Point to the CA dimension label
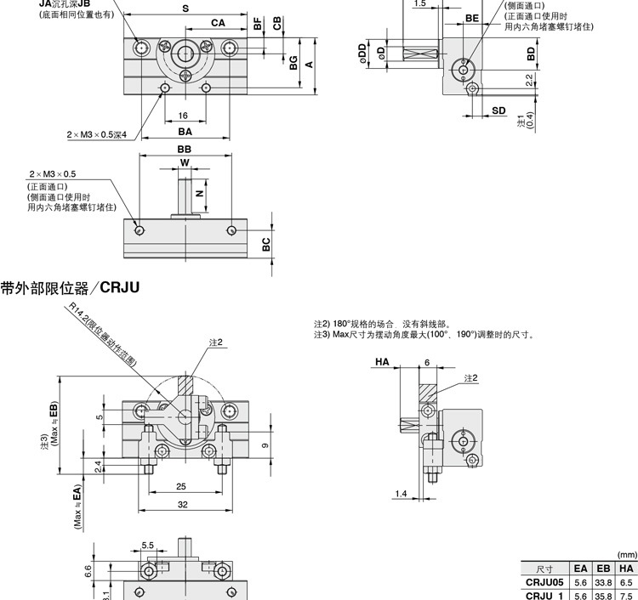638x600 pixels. (x=218, y=24)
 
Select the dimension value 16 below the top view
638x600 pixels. (x=183, y=116)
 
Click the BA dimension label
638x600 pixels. (x=185, y=132)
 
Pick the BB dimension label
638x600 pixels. (x=185, y=149)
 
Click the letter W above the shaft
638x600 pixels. (x=185, y=162)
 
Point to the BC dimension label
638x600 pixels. (x=265, y=243)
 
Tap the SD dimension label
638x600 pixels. (x=498, y=111)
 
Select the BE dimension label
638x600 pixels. (x=473, y=18)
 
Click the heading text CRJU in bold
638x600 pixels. (x=119, y=288)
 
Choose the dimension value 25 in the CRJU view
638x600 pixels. (x=181, y=486)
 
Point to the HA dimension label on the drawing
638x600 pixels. (x=381, y=361)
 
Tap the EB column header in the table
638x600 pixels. (x=603, y=569)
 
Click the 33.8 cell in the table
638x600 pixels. (x=603, y=582)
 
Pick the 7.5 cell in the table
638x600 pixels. (x=626, y=596)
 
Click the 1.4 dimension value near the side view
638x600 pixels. (x=402, y=494)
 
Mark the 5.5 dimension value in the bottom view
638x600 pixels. (x=147, y=546)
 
